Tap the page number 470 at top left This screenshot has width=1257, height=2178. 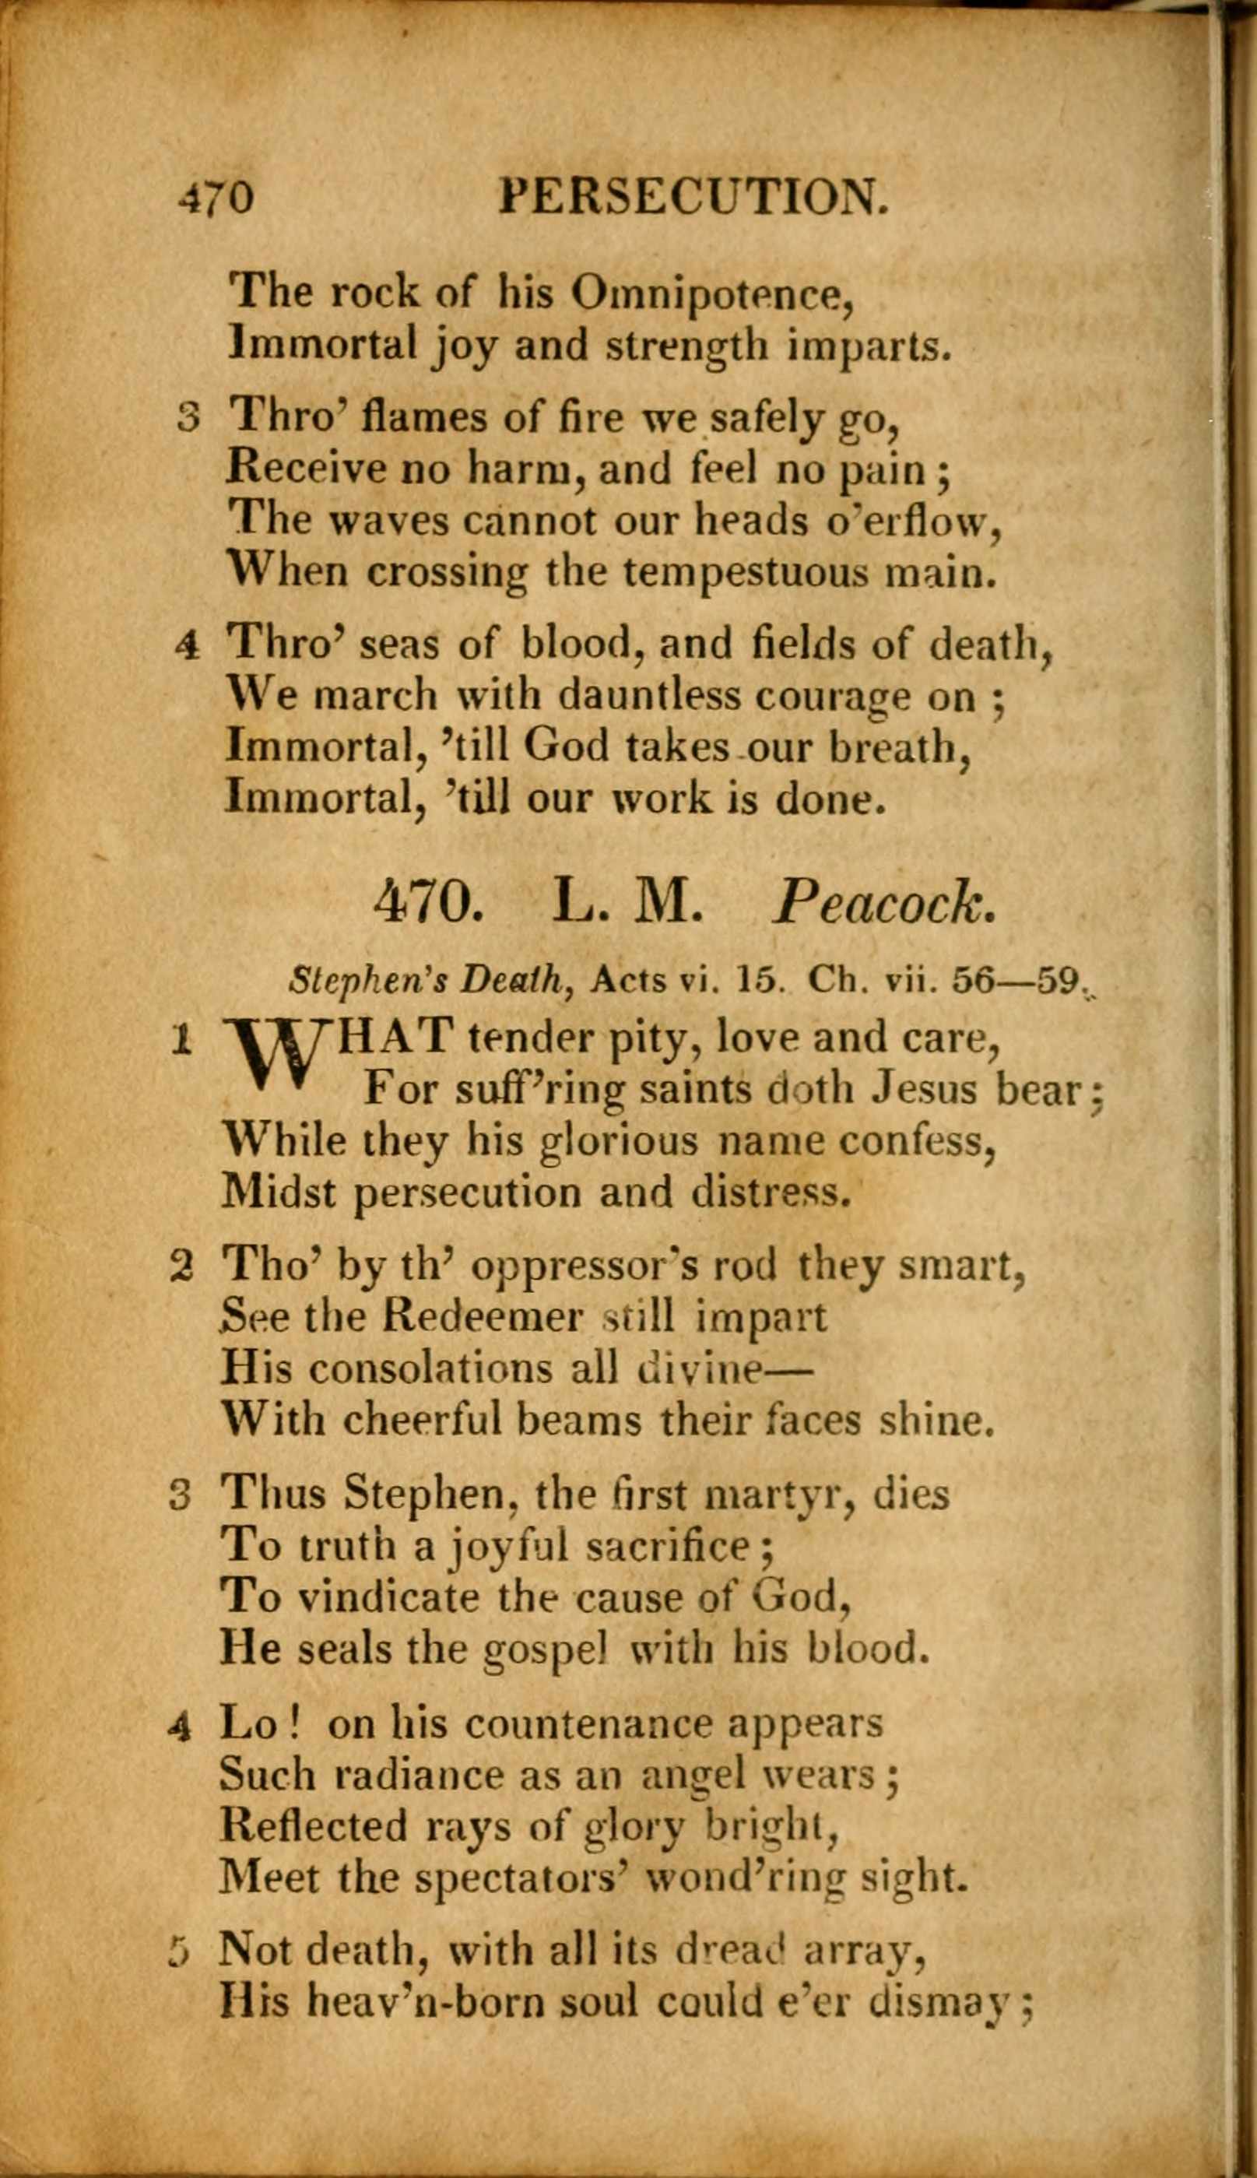point(216,198)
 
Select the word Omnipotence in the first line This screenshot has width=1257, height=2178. point(712,294)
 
